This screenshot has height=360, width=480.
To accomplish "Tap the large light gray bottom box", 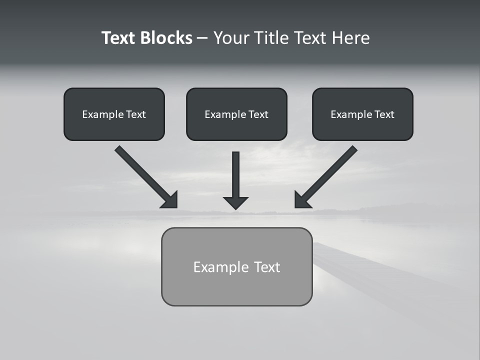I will [x=236, y=287].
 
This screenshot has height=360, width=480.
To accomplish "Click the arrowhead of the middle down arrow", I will [x=235, y=202].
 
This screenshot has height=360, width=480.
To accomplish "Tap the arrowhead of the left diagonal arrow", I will [x=170, y=200].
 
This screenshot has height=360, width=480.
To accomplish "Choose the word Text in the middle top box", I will [x=258, y=114].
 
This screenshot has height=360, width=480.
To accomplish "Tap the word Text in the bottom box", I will [x=267, y=267].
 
